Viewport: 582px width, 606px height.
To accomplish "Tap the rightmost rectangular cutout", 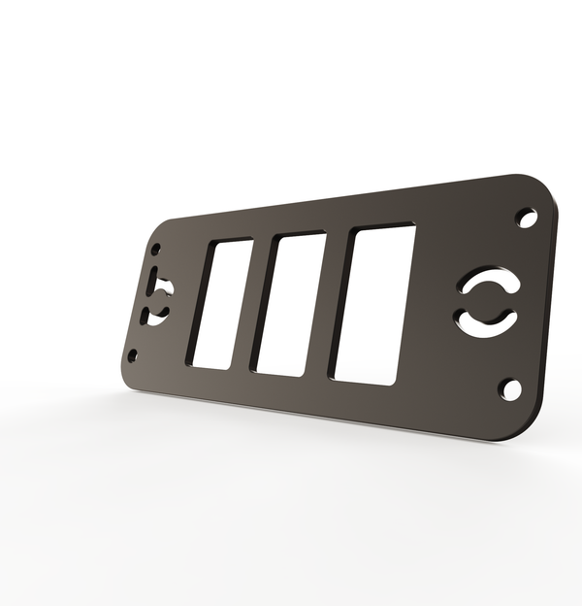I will tap(374, 304).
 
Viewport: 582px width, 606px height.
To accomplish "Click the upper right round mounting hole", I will tap(527, 218).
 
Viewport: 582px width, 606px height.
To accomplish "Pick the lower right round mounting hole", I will tap(510, 389).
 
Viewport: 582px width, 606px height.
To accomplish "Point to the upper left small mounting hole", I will tap(155, 250).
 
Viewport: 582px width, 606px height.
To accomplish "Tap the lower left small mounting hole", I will tap(133, 355).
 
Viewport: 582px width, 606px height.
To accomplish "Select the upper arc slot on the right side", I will tap(489, 283).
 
